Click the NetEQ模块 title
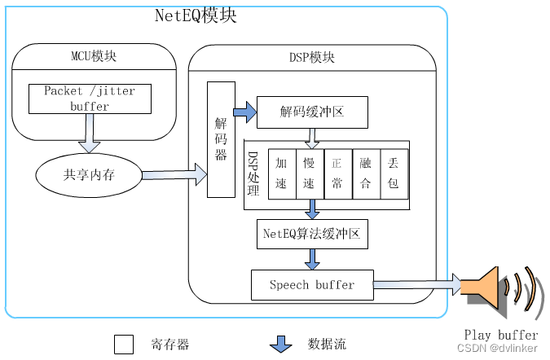(196, 15)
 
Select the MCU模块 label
(94, 56)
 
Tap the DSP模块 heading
(310, 58)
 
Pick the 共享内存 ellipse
(89, 175)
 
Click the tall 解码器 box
(220, 139)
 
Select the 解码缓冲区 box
(310, 111)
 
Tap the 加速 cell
(281, 173)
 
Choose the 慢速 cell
(309, 173)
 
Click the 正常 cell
(337, 173)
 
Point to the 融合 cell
(365, 173)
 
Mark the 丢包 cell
(393, 173)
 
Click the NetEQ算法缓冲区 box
(311, 234)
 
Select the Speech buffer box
(312, 284)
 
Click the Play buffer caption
(500, 335)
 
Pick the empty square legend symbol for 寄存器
(124, 345)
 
